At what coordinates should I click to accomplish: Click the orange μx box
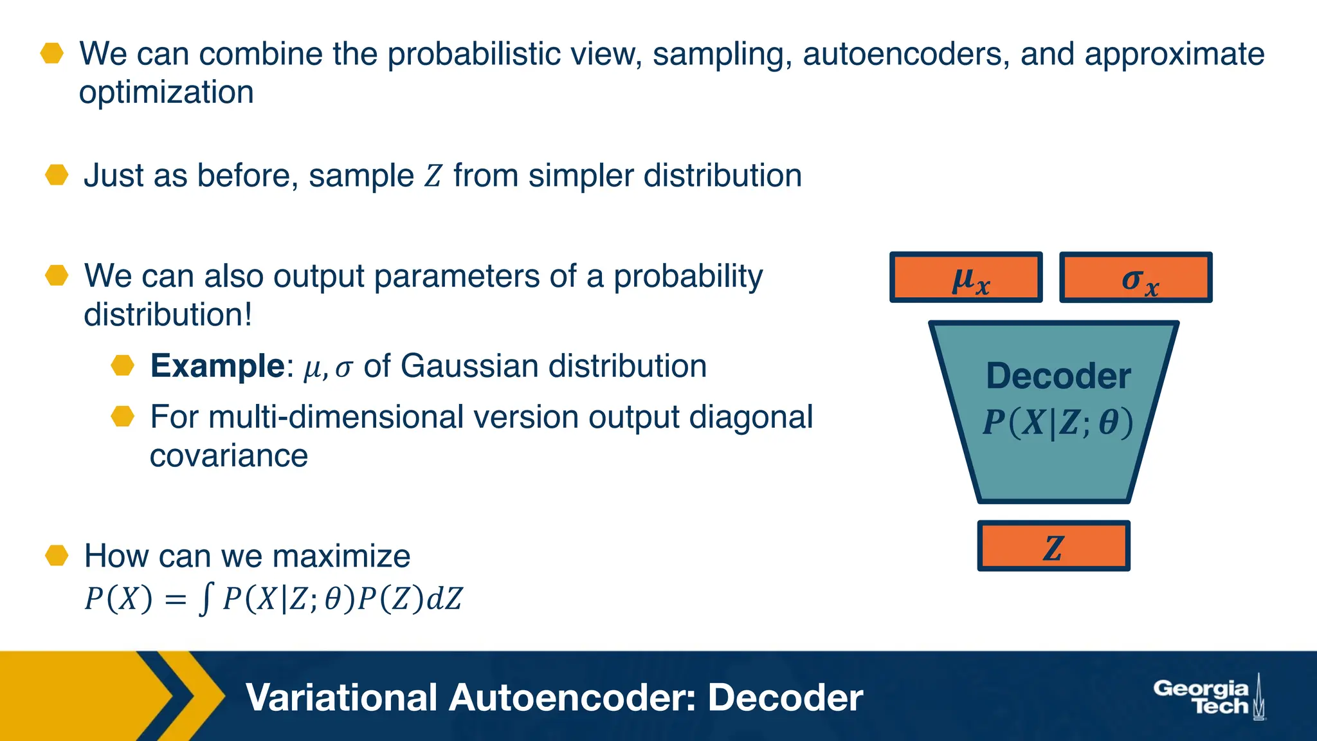pos(966,277)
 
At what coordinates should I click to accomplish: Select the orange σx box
pos(1136,277)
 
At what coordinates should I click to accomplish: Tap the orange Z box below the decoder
pos(1053,546)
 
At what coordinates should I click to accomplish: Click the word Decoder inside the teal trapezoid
pos(1058,376)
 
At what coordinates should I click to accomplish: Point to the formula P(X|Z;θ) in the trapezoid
pos(1057,423)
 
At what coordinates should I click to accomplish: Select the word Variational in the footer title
pos(341,698)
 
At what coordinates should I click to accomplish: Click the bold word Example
pos(217,366)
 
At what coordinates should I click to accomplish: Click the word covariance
pos(229,456)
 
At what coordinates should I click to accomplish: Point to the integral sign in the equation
pos(205,599)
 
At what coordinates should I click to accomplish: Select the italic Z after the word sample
pos(433,176)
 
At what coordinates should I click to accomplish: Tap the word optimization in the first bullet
pos(166,92)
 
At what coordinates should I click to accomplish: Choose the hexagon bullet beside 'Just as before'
pos(57,175)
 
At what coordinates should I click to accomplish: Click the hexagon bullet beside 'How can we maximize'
pos(57,556)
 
